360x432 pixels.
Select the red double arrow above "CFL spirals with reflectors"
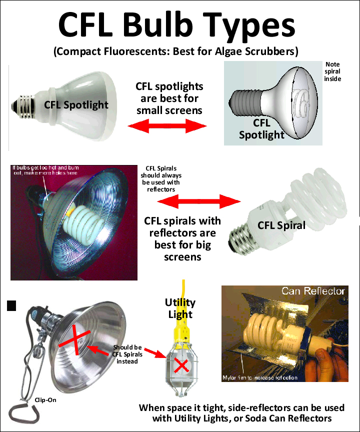(x=198, y=202)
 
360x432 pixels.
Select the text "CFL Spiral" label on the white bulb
(x=281, y=225)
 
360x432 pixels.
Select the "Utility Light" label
(x=180, y=308)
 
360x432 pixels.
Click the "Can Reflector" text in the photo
(x=312, y=291)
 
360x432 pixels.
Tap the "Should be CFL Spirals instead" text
(x=127, y=354)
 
